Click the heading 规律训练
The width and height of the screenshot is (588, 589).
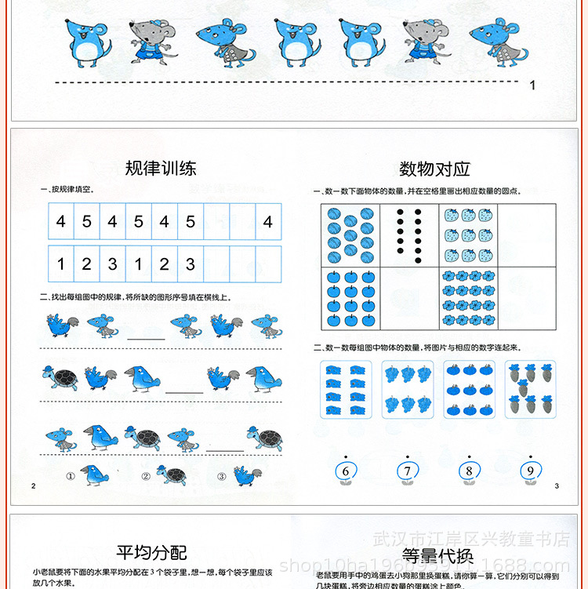(x=160, y=168)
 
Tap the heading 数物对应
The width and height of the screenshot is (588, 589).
(x=434, y=169)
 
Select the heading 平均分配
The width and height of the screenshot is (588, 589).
(x=151, y=553)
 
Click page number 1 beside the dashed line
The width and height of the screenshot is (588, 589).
(x=533, y=85)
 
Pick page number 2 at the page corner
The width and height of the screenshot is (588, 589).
(x=34, y=486)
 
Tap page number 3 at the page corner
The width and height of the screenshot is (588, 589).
(x=556, y=486)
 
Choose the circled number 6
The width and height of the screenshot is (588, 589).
(x=345, y=471)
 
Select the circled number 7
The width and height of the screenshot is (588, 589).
(x=407, y=471)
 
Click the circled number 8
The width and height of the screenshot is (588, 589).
(x=469, y=471)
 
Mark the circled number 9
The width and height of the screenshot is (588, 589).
(x=530, y=471)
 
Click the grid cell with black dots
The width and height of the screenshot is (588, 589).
(x=409, y=235)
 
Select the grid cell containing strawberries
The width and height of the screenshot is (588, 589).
(x=468, y=235)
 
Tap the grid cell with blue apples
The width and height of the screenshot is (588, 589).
(x=350, y=298)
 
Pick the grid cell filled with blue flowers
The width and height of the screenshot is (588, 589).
(x=468, y=298)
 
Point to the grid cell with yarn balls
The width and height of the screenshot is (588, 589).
(x=350, y=235)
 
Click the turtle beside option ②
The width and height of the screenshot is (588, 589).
(x=171, y=474)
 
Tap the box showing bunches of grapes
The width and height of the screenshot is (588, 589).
(x=407, y=388)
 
